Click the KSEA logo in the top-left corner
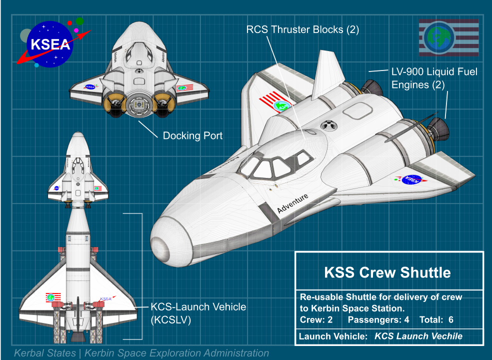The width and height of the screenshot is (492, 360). pyautogui.click(x=50, y=44)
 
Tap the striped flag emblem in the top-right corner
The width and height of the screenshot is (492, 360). pyautogui.click(x=448, y=37)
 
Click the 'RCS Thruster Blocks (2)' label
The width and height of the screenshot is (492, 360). pyautogui.click(x=303, y=29)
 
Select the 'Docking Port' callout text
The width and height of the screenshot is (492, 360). pyautogui.click(x=192, y=135)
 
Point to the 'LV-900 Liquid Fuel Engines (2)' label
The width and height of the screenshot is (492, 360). pyautogui.click(x=433, y=78)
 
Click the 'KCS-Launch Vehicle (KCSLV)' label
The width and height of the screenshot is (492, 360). pyautogui.click(x=198, y=313)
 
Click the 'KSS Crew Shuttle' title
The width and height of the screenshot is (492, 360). pyautogui.click(x=387, y=272)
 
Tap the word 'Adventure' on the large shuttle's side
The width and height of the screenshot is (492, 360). pyautogui.click(x=293, y=204)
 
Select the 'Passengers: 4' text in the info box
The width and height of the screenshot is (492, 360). pyautogui.click(x=378, y=319)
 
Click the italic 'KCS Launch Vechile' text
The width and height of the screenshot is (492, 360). pyautogui.click(x=418, y=336)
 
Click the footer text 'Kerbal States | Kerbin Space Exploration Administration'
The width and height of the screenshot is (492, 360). pyautogui.click(x=141, y=353)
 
